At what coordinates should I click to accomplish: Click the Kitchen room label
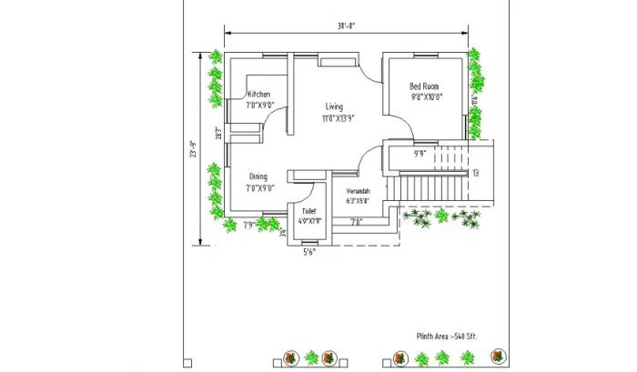click(x=259, y=94)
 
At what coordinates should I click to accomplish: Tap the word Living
click(x=334, y=106)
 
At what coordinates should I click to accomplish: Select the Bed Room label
click(x=425, y=86)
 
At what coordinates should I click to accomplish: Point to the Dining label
click(x=258, y=176)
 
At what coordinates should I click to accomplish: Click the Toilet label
click(x=309, y=211)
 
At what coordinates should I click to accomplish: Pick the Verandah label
click(x=358, y=191)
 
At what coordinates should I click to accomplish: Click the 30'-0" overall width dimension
click(x=344, y=27)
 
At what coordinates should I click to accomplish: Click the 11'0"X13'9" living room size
click(x=337, y=118)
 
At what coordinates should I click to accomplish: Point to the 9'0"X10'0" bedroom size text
click(x=426, y=97)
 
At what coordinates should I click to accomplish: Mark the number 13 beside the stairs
click(x=475, y=173)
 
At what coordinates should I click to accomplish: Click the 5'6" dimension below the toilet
click(x=310, y=252)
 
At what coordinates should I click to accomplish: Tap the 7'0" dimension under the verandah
click(x=356, y=221)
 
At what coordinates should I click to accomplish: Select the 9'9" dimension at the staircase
click(x=420, y=154)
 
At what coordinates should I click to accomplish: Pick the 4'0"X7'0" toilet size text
click(x=310, y=221)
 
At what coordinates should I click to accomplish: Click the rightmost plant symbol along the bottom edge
click(x=497, y=357)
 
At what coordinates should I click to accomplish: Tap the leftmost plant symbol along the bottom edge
click(x=290, y=357)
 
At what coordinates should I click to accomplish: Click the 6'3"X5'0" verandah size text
click(x=358, y=201)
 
